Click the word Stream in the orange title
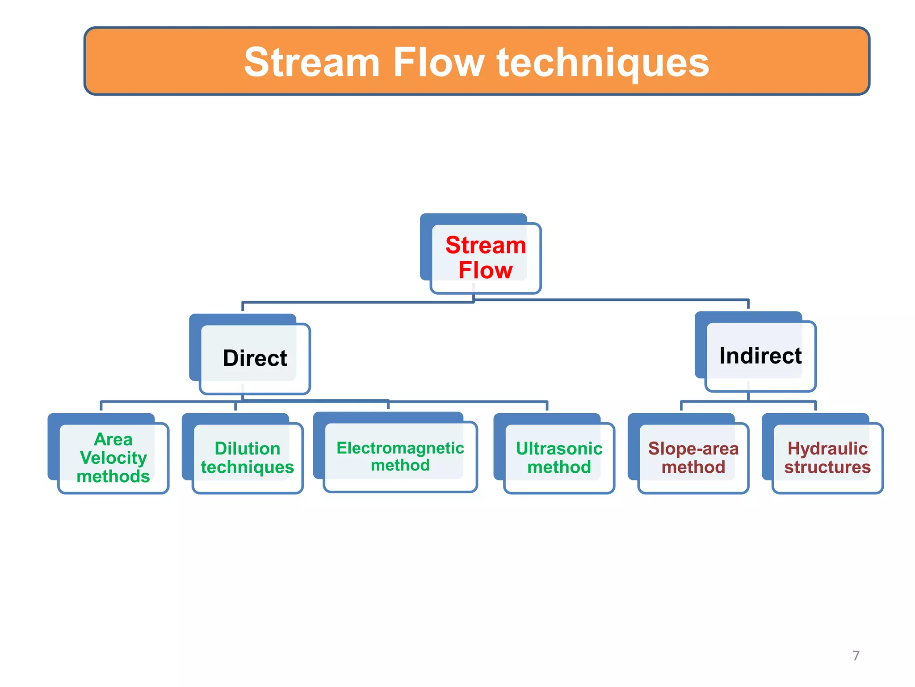pos(311,63)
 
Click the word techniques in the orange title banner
pos(603,63)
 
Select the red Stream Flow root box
pos(485,258)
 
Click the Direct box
pos(255,358)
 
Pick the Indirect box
pos(760,356)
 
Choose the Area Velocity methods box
pos(113,458)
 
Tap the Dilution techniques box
pos(247,458)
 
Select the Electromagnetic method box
pos(400,456)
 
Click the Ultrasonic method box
pos(558,458)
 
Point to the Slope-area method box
pos(693,458)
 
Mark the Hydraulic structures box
pos(827,458)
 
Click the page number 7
pos(856,656)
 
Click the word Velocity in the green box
pos(113,458)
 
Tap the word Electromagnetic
pos(400,448)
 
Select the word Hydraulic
pos(827,448)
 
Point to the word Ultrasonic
pos(559,448)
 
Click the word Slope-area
pos(693,448)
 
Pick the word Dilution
pos(247,448)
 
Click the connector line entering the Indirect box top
pos(748,305)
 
